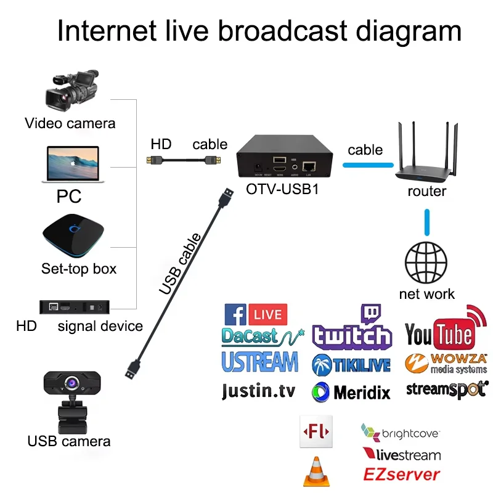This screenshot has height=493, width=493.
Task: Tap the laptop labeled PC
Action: (x=70, y=164)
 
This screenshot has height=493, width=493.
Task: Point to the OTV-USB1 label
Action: (x=282, y=190)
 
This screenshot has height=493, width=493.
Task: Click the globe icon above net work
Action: (x=426, y=263)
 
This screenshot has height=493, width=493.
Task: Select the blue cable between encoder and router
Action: (x=368, y=165)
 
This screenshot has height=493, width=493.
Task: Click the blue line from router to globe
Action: (x=426, y=222)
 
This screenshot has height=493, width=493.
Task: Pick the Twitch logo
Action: (x=352, y=329)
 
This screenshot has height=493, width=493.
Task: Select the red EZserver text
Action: (x=401, y=475)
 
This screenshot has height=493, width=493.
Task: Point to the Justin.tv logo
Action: (x=258, y=391)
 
